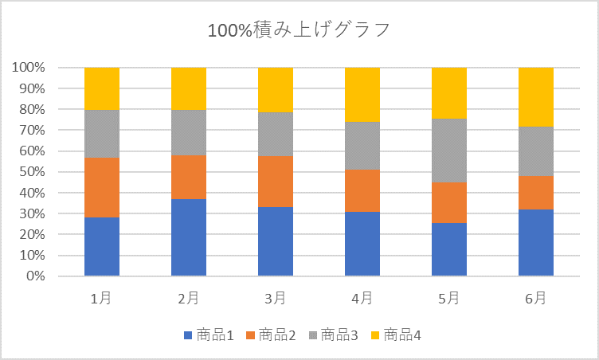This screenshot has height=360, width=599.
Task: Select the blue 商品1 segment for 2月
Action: point(189,237)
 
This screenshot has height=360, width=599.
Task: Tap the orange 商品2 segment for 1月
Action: point(102,187)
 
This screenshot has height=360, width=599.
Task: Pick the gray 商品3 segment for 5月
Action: point(449,151)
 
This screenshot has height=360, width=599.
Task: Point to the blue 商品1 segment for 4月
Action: point(362,244)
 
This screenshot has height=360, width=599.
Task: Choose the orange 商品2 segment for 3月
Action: point(276,181)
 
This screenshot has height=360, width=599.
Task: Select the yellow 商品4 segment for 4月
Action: point(362,95)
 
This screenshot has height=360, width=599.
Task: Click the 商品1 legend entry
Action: point(208,335)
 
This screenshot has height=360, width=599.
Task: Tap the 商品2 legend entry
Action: point(271,335)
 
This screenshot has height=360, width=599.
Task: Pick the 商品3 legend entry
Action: point(334,335)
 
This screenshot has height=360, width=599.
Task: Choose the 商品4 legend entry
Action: point(396,335)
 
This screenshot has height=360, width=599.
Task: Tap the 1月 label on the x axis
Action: point(101,299)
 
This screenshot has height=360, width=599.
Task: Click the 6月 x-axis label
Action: point(536,299)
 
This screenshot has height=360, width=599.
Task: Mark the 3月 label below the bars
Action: point(276,299)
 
